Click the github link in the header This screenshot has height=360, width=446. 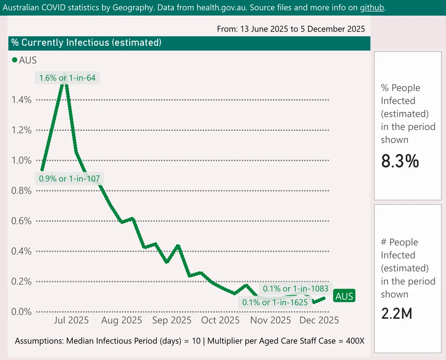click(372, 7)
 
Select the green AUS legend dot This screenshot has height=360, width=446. click(15, 60)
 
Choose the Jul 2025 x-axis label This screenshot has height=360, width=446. click(71, 320)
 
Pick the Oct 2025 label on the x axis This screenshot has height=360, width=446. click(221, 320)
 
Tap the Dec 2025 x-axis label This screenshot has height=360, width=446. click(319, 320)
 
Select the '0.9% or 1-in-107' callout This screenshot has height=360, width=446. click(69, 179)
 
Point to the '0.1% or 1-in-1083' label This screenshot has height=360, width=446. click(296, 289)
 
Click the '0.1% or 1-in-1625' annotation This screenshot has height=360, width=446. click(275, 302)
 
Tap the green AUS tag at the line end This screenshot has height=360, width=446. click(344, 296)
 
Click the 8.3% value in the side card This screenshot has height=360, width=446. click(400, 161)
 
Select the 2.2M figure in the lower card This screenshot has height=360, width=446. click(396, 314)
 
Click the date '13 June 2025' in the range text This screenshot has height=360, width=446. click(266, 29)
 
